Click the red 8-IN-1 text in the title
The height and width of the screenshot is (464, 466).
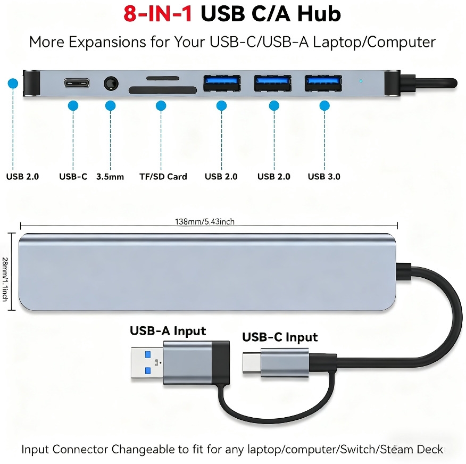[157, 14]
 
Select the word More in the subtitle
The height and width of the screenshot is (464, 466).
[47, 42]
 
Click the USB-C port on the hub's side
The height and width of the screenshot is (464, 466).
[77, 83]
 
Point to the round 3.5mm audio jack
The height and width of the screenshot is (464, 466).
[111, 84]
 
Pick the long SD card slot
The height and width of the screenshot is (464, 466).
[163, 90]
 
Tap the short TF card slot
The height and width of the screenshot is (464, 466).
[163, 78]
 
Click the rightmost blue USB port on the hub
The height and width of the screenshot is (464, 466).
[323, 83]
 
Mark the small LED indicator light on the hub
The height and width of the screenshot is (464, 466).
[361, 81]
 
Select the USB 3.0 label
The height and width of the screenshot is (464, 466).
[324, 177]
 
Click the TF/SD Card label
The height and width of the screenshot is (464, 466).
[163, 177]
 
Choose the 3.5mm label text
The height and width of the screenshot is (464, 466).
[110, 177]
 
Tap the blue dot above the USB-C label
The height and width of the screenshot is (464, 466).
[73, 105]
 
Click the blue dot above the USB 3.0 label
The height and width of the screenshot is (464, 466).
[324, 105]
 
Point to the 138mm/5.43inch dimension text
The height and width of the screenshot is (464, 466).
[204, 222]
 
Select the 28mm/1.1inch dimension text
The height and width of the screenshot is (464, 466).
[5, 279]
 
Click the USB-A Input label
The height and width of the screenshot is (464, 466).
[168, 331]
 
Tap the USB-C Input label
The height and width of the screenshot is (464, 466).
[280, 337]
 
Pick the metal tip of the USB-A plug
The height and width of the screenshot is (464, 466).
[147, 363]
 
